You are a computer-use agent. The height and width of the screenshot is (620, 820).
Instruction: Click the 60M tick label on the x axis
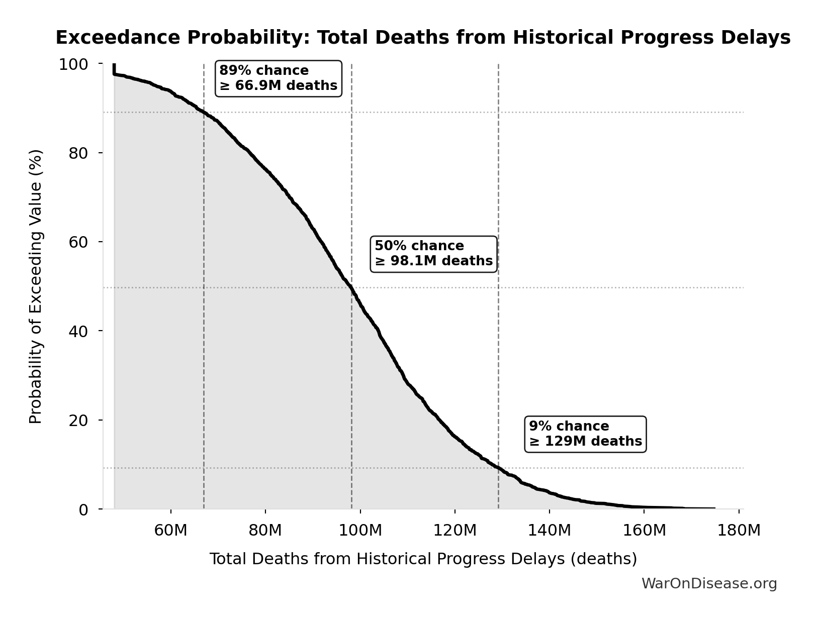click(171, 530)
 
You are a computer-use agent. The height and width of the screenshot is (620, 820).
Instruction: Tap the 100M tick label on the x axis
click(360, 530)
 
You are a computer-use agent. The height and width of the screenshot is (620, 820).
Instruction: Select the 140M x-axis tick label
click(550, 530)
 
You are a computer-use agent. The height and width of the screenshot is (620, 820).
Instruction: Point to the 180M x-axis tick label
click(739, 530)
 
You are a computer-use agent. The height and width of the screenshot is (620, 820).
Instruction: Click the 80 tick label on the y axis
click(78, 153)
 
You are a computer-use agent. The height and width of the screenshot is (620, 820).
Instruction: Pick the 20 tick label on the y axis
click(78, 421)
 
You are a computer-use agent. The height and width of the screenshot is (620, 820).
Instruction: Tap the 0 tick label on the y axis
click(83, 510)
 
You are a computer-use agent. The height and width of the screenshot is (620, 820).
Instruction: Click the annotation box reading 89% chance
click(279, 78)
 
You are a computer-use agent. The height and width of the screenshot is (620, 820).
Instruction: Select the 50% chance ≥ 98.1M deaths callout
click(433, 254)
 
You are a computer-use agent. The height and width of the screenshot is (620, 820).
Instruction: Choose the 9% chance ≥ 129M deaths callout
click(585, 434)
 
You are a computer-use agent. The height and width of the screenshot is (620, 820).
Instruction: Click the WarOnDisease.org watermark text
click(709, 584)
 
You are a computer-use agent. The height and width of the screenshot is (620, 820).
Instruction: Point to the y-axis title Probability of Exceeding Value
click(36, 286)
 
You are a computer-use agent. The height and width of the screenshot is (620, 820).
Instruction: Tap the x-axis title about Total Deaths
click(423, 559)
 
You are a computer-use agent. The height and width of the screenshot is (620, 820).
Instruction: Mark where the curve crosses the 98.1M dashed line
click(351, 287)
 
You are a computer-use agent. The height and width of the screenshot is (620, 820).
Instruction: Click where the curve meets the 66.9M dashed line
click(204, 112)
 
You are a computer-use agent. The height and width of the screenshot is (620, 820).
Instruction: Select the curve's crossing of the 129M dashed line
click(498, 468)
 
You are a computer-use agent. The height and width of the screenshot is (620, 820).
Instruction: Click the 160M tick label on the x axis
click(644, 530)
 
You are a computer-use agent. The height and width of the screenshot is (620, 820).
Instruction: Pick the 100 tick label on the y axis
click(73, 64)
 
